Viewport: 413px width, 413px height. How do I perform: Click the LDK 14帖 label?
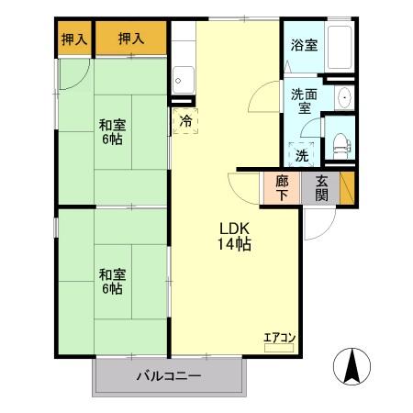(x=235, y=237)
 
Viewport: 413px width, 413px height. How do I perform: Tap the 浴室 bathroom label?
(x=304, y=44)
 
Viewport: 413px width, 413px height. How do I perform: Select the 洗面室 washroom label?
(x=303, y=100)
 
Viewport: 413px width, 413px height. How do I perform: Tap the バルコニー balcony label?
(x=170, y=376)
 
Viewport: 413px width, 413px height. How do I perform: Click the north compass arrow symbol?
(x=352, y=370)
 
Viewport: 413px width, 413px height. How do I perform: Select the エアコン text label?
(x=279, y=338)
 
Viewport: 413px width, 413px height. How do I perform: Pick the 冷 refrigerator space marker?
(x=185, y=120)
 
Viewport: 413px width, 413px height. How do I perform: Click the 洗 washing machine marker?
(x=302, y=154)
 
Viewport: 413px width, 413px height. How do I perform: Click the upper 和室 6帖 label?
(x=112, y=132)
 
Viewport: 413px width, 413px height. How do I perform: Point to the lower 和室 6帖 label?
(x=112, y=281)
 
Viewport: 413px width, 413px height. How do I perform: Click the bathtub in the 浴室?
(x=339, y=47)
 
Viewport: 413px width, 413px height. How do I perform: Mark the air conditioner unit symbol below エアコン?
(x=279, y=351)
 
